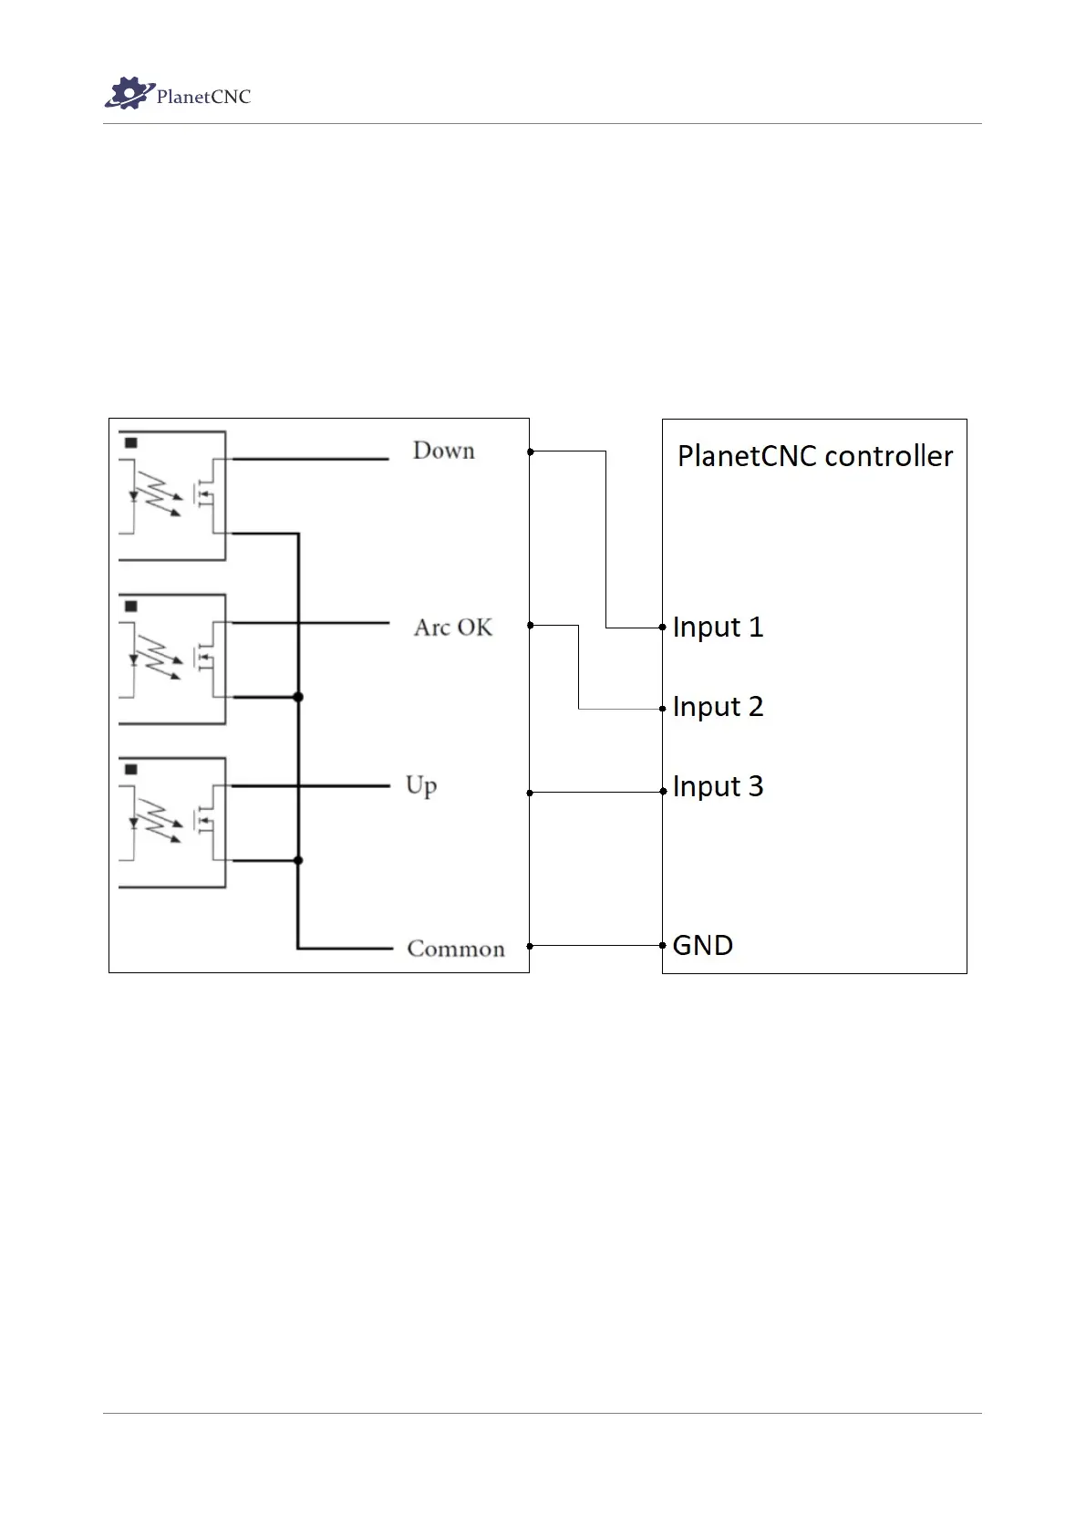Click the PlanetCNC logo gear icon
(126, 93)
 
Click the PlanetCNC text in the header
(203, 97)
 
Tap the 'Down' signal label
(444, 451)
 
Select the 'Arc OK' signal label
(453, 628)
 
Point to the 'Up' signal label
(421, 785)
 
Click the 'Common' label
(456, 949)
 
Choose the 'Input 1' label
(718, 627)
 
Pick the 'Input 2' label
(718, 707)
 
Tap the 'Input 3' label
(718, 786)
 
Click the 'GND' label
(702, 945)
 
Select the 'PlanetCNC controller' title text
(814, 455)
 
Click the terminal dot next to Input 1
(663, 627)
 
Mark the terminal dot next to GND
(663, 945)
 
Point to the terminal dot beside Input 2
(663, 708)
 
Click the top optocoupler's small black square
(131, 442)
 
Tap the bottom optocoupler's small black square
(131, 770)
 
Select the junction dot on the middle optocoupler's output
(298, 697)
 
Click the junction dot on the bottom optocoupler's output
(298, 860)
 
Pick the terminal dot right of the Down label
(530, 451)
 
